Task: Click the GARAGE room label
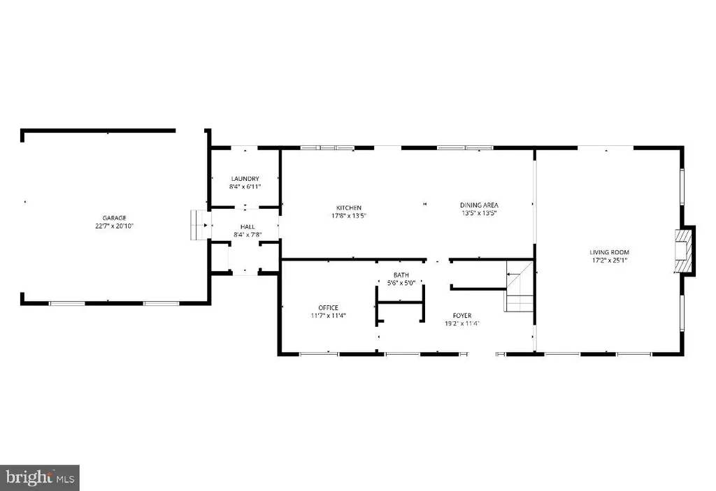114,218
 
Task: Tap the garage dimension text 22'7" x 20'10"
114,226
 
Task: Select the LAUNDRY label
245,179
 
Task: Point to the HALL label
248,227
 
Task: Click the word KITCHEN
349,208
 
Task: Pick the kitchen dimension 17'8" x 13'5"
349,216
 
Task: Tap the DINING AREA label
479,205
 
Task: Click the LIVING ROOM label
609,252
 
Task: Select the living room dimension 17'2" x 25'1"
609,261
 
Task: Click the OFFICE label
329,307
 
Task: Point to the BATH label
401,275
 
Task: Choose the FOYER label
462,316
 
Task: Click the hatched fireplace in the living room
684,251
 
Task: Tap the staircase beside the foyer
520,286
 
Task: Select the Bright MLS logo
40,478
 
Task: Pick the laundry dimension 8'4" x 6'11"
245,186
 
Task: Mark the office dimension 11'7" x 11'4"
329,315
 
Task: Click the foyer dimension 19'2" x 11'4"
462,323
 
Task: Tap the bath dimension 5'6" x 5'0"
401,283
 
